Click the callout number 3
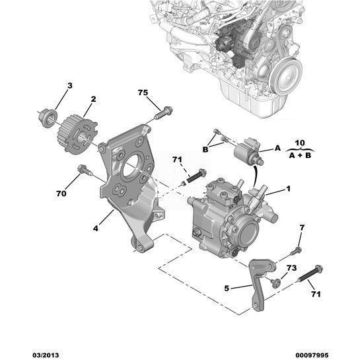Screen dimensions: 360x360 [x=70, y=86]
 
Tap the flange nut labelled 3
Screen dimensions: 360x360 [x=48, y=118]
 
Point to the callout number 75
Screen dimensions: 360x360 [x=143, y=92]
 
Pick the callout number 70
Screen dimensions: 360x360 [x=61, y=194]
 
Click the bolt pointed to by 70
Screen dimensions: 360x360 [x=85, y=170]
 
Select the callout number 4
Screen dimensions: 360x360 [x=96, y=229]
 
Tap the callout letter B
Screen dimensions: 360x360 [x=205, y=149]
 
